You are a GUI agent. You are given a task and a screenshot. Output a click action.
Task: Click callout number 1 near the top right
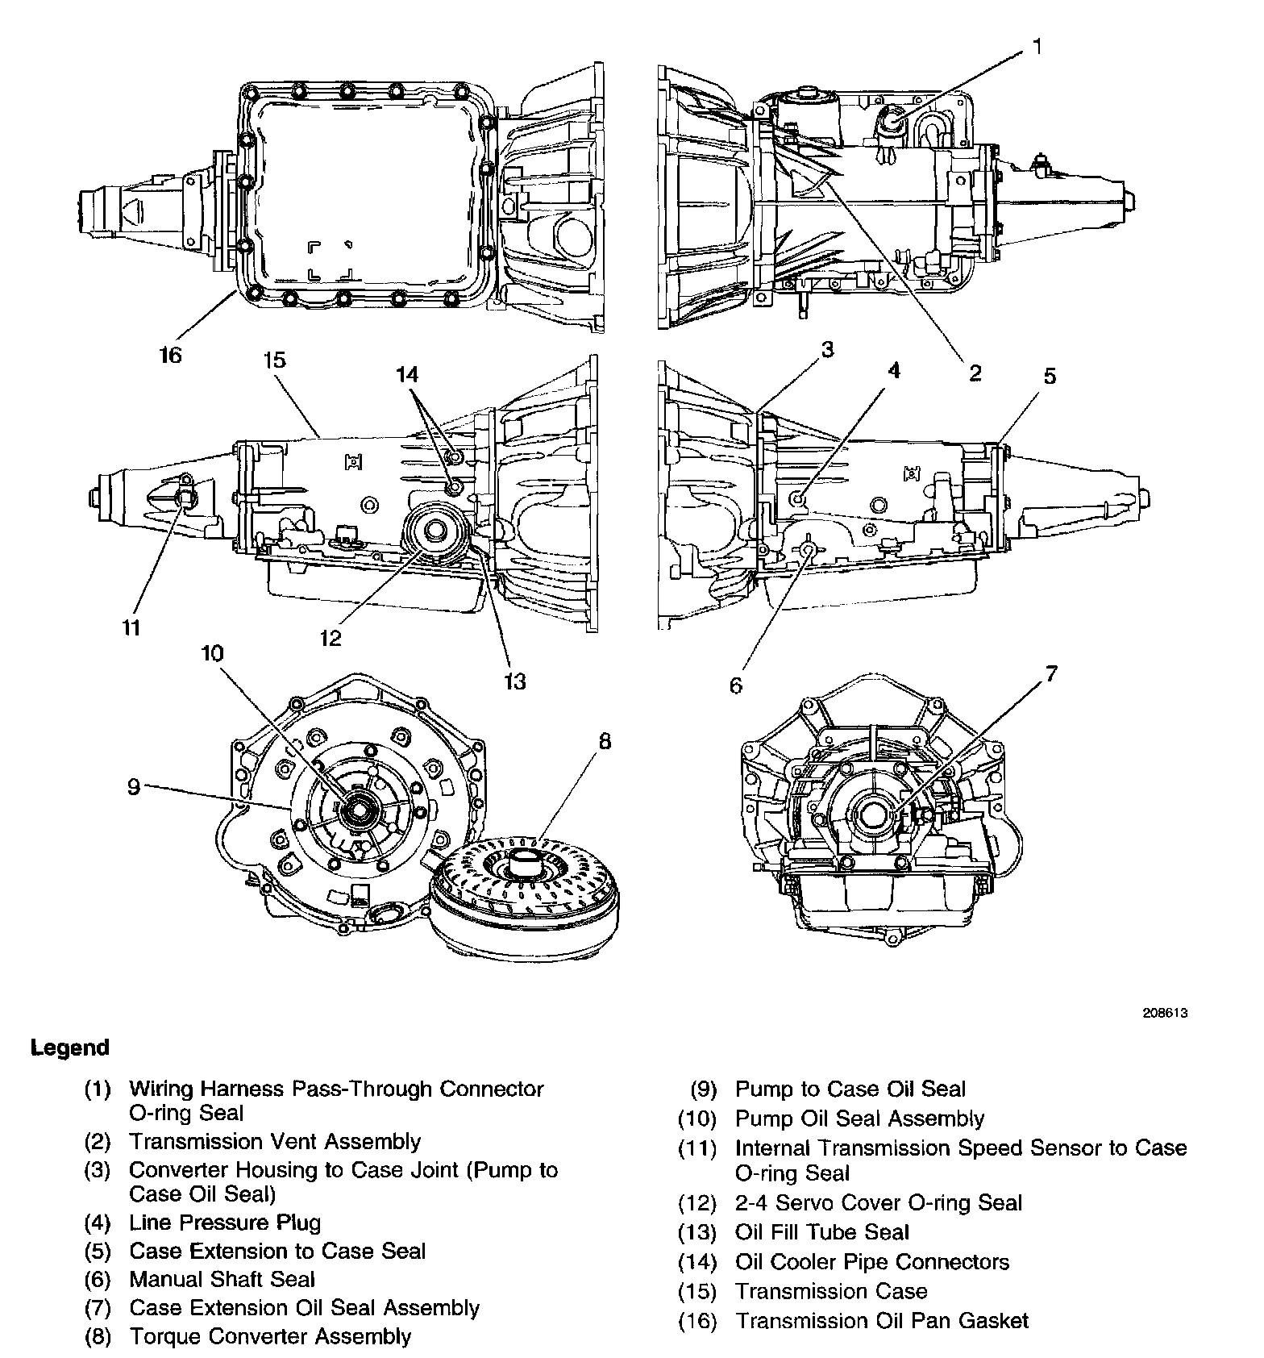coord(1037,48)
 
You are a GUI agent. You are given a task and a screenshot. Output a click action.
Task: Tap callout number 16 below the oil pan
coord(170,355)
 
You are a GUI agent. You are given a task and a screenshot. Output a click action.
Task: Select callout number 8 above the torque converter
coord(605,740)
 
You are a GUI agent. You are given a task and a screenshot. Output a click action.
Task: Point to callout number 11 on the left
coord(132,627)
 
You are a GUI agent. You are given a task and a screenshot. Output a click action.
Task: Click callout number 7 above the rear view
coord(1051,674)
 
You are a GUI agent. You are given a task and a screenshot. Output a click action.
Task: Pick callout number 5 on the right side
coord(1049,376)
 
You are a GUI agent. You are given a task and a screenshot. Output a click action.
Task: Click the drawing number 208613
coord(1166,1014)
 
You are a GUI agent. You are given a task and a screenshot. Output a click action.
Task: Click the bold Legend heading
coord(69,1048)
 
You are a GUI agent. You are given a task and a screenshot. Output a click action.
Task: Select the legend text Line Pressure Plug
coord(225,1223)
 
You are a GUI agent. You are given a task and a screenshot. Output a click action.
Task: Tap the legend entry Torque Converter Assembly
coord(270,1336)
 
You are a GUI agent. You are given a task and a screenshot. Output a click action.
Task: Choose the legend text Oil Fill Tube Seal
coord(821,1232)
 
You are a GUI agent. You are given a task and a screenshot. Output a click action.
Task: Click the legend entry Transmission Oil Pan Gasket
coord(882,1321)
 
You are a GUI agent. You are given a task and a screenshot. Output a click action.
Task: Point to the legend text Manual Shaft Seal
coord(222,1279)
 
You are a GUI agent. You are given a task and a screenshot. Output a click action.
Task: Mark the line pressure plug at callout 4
coord(798,500)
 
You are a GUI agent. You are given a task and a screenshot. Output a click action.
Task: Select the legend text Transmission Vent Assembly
coord(275,1141)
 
